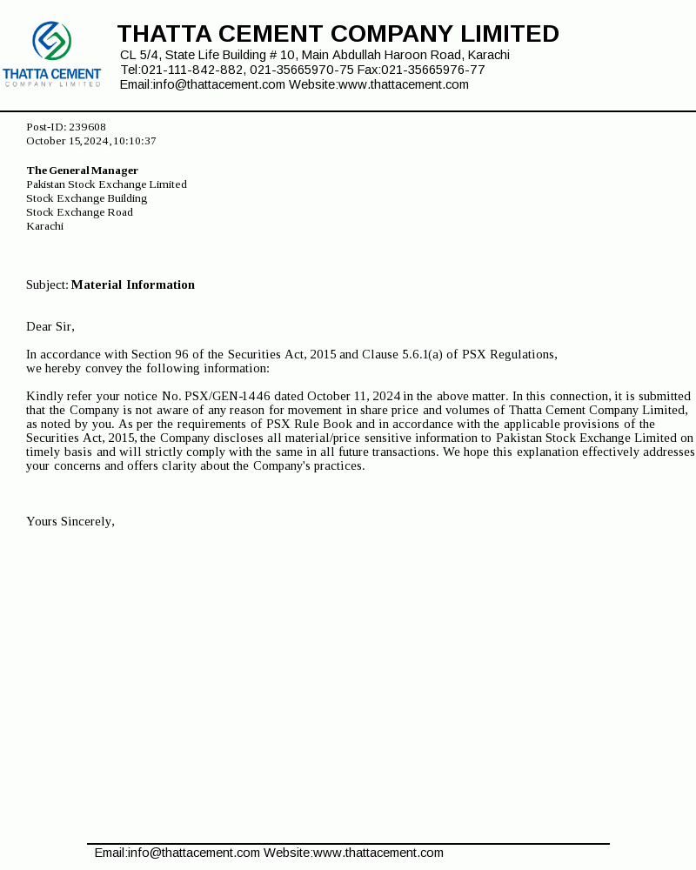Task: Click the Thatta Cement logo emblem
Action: tap(51, 41)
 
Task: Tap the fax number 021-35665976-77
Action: tap(433, 70)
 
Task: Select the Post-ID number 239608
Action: tap(87, 127)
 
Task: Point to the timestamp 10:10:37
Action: tap(134, 141)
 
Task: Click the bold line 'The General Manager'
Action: tap(82, 171)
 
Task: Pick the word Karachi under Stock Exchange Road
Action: tap(44, 226)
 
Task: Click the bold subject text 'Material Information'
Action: tap(133, 284)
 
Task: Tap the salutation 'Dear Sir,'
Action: tap(50, 326)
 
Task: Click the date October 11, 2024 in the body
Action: tap(353, 396)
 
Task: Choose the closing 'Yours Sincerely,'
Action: tap(70, 521)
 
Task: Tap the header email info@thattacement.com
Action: tap(219, 84)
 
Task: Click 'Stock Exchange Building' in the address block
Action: tap(86, 198)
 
